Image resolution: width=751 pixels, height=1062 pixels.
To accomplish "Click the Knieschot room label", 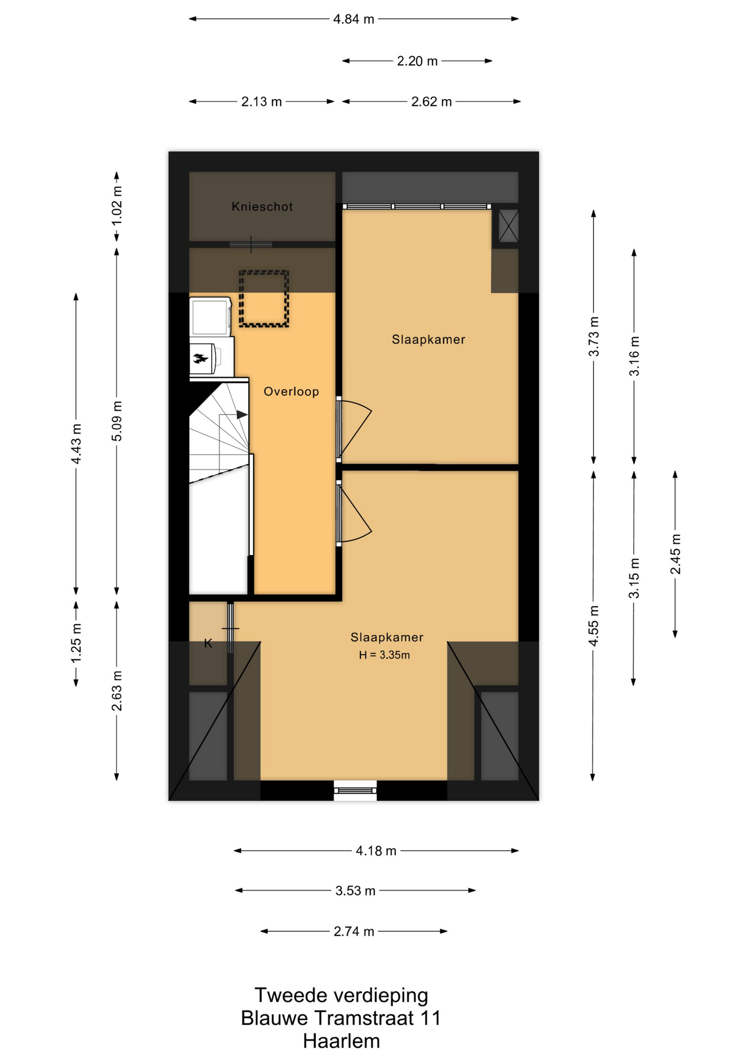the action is pos(262,206).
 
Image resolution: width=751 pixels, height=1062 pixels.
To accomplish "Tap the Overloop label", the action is pos(291,392).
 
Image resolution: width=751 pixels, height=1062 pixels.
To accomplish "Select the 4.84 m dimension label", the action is pos(353,19).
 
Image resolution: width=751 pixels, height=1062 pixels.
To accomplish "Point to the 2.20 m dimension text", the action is pos(417,61).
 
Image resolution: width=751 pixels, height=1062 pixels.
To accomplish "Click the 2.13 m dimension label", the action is pos(262,102).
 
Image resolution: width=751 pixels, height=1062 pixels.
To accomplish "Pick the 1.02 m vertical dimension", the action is pos(117,206).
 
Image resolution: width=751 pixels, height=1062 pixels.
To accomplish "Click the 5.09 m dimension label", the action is pos(117,421).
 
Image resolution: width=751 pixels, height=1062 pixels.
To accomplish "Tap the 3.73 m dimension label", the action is pos(593,336).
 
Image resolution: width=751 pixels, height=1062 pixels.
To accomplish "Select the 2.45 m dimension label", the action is pos(675,554).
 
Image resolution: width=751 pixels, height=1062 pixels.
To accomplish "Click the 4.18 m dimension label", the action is pos(376,851).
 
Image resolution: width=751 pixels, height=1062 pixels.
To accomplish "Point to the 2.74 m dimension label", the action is pos(354,931).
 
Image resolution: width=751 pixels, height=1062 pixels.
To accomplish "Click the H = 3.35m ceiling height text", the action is pos(384,655).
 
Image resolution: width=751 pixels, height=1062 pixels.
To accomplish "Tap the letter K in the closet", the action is pos(208,643).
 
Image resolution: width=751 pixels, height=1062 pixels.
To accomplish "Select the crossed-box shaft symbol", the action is pos(508,226).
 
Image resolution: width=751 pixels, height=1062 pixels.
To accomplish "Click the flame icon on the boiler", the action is pos(200,359).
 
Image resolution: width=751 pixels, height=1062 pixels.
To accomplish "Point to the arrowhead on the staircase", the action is pos(242,415).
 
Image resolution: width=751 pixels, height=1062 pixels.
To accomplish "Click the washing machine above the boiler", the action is pos(210,317).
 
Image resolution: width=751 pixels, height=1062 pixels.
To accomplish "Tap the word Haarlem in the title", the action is pos(341,1042).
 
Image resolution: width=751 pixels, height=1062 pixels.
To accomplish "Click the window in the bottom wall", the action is pos(356,790).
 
